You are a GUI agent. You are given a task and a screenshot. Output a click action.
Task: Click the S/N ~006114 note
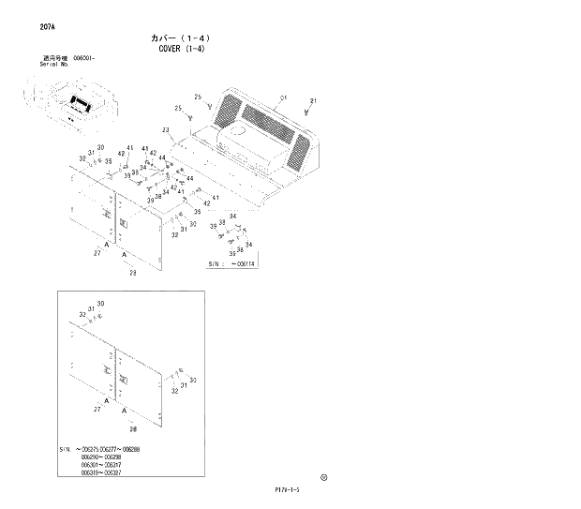[x=232, y=263]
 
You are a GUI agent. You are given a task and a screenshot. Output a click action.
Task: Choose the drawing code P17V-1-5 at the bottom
[x=290, y=489]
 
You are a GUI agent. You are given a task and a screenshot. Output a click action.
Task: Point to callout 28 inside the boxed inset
[x=132, y=427]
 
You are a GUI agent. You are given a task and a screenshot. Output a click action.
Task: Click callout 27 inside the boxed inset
[x=97, y=410]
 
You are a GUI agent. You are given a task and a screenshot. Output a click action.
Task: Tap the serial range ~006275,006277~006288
[x=113, y=449]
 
